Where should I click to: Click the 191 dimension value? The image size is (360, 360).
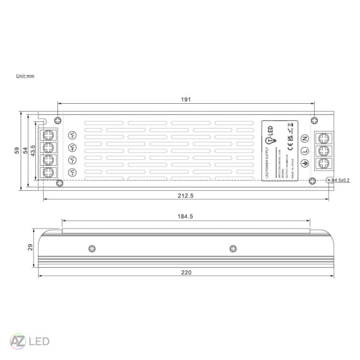[x=186, y=99]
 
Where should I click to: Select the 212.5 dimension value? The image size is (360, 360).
[x=186, y=196]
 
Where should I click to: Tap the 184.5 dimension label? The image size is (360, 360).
[x=186, y=216]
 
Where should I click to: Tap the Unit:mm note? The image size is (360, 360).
[x=25, y=76]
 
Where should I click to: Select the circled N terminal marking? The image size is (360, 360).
[x=305, y=139]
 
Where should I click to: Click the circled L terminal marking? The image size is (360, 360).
[x=305, y=151]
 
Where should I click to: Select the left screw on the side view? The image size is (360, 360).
[x=92, y=248]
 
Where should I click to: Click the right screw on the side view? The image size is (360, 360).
[x=234, y=248]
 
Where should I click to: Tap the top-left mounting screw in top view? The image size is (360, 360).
[x=58, y=120]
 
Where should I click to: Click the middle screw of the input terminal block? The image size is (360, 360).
[x=324, y=151]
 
